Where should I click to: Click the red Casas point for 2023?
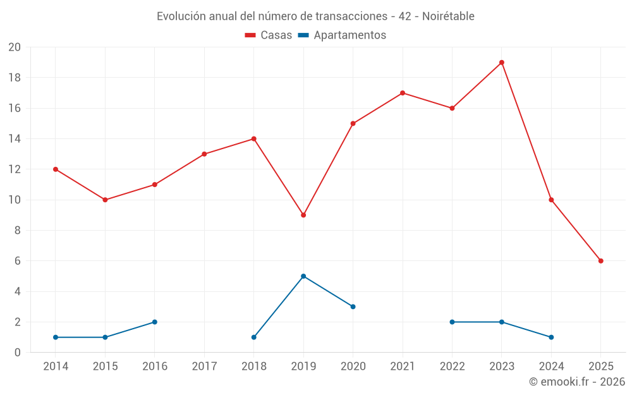tap(502, 63)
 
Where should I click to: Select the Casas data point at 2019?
tap(303, 215)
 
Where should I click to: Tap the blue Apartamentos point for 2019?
tap(303, 276)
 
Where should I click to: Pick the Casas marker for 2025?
tap(601, 261)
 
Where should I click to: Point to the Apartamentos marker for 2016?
tap(155, 322)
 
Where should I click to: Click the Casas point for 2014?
tap(56, 169)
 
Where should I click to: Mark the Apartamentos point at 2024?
tap(551, 337)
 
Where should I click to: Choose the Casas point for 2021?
tap(403, 93)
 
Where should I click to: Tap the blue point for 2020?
tap(353, 307)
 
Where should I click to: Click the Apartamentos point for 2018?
tap(254, 337)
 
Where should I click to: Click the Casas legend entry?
tap(269, 35)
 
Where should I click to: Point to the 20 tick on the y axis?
tap(15, 47)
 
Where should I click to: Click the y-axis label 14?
tap(15, 139)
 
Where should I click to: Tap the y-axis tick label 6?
tap(18, 261)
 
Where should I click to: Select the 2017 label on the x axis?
tap(204, 367)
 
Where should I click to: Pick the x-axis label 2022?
tap(452, 367)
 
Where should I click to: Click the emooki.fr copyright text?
tap(577, 382)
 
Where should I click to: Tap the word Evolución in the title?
tap(181, 16)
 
